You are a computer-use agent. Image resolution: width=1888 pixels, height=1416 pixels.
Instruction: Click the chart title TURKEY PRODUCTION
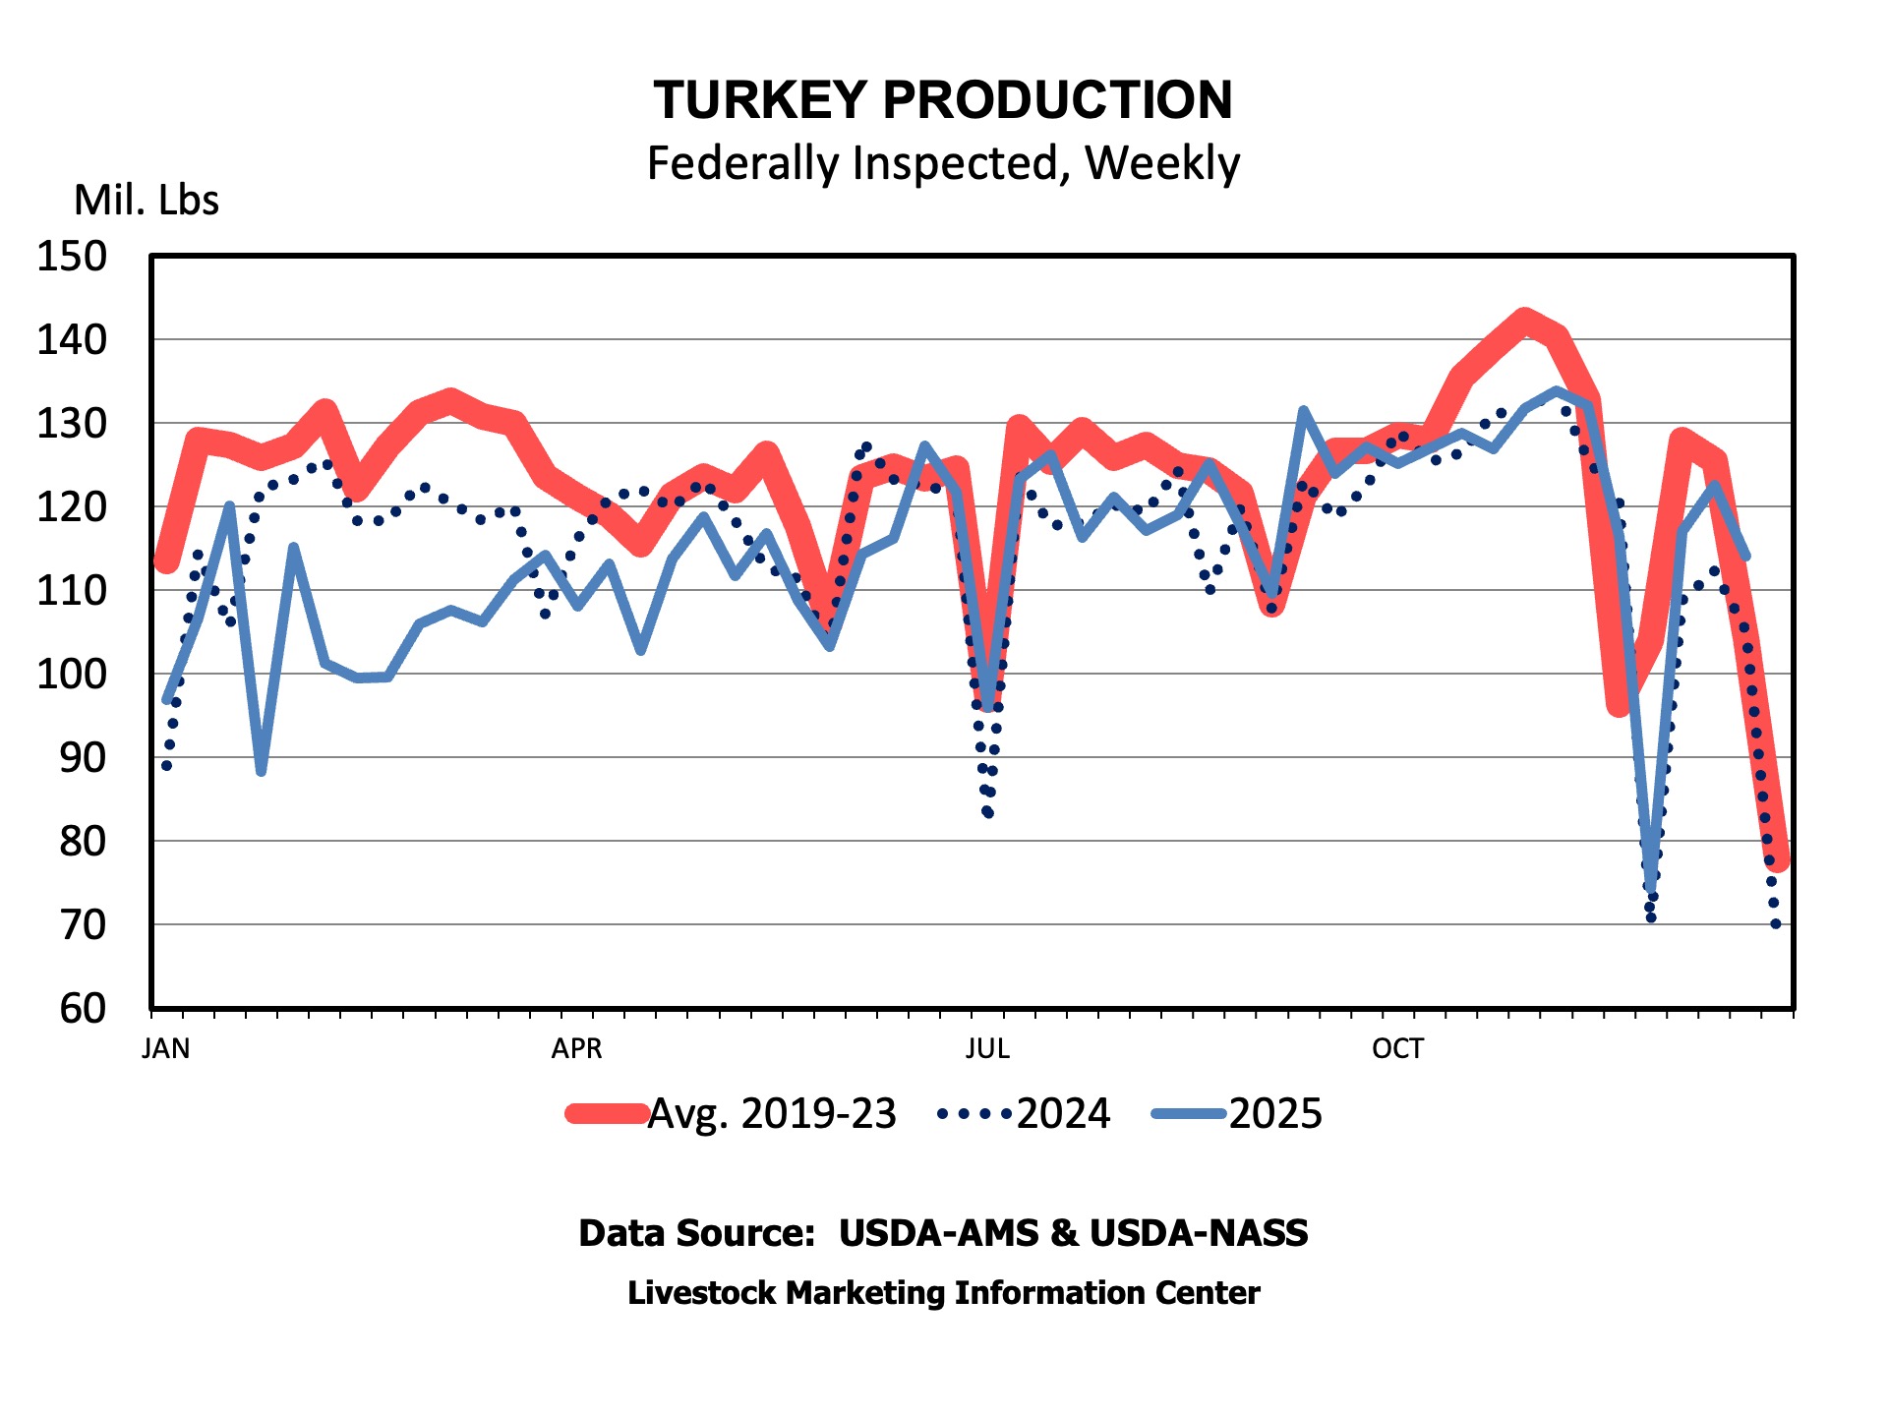tap(943, 100)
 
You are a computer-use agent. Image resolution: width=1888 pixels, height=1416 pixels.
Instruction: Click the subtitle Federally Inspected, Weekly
tap(943, 163)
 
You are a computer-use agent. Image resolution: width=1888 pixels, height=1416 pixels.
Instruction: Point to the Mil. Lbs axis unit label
tap(147, 201)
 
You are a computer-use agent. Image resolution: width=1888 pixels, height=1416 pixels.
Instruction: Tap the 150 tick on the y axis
tap(72, 257)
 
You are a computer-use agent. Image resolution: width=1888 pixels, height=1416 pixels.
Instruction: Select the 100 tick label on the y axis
tap(72, 675)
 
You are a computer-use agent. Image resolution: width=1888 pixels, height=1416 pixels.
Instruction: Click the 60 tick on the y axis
tap(83, 1009)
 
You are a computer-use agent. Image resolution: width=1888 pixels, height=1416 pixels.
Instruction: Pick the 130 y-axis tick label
tap(72, 424)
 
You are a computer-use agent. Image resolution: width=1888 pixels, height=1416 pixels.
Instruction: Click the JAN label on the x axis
tap(166, 1049)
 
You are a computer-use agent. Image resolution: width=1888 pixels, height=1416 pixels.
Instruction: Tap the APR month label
tap(576, 1049)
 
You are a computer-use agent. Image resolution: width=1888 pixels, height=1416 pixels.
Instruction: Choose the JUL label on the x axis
tap(987, 1049)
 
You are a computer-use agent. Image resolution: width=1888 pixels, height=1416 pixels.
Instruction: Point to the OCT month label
tap(1397, 1049)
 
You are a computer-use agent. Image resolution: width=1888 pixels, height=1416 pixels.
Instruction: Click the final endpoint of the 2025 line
tap(1746, 557)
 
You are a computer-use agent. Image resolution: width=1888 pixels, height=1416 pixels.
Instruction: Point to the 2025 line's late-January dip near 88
tap(261, 772)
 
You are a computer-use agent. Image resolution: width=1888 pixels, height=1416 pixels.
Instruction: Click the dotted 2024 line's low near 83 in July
tap(987, 813)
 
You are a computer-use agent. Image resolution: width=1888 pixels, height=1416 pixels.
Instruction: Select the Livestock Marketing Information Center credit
tap(943, 1293)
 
